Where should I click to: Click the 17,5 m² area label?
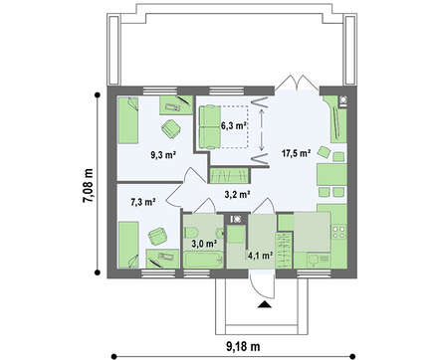[x=296, y=153]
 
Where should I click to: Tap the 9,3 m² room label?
[x=163, y=155]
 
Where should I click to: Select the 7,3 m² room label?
[x=143, y=202]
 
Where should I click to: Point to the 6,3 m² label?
[x=234, y=125]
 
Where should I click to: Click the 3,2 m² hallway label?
[x=237, y=195]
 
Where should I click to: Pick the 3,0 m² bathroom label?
[x=204, y=244]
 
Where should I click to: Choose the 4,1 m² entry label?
[x=261, y=255]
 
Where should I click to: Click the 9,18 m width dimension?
[x=243, y=347]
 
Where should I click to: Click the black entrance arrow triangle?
[x=265, y=304]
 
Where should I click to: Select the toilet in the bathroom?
[x=191, y=232]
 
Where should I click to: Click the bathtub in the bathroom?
[x=204, y=260]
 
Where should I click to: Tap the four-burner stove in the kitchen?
[x=339, y=232]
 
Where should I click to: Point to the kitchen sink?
[x=313, y=260]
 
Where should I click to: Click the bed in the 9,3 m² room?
[x=128, y=120]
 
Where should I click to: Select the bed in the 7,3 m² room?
[x=128, y=245]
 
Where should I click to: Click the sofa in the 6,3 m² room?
[x=210, y=126]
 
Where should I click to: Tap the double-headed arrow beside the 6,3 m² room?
[x=262, y=130]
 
